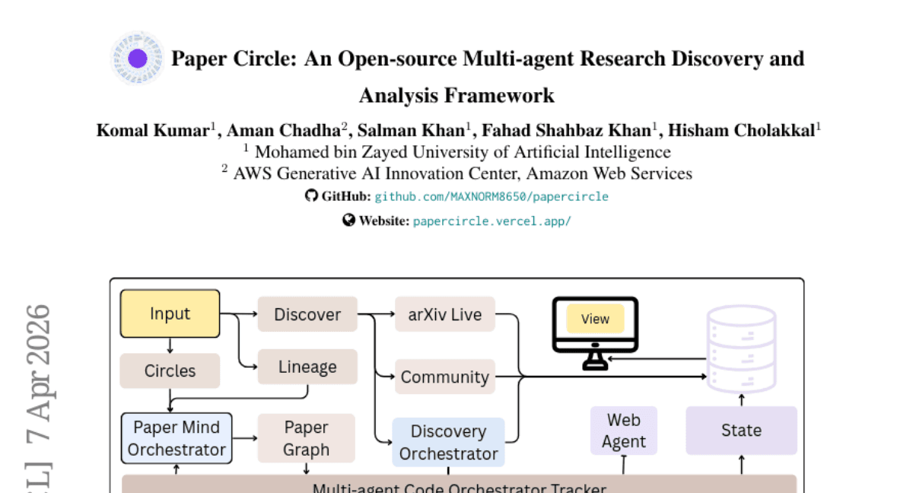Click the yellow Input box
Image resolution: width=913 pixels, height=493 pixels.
(x=170, y=313)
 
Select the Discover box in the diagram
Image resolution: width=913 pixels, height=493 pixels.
(x=307, y=314)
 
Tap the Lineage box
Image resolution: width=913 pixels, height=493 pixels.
(x=307, y=367)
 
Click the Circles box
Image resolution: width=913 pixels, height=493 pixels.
(x=170, y=371)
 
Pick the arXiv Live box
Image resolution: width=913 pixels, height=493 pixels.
(x=445, y=314)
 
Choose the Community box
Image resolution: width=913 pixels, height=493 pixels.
(x=445, y=377)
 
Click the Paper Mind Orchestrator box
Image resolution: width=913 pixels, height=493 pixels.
(x=177, y=438)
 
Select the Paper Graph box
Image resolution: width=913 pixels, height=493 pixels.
(x=306, y=438)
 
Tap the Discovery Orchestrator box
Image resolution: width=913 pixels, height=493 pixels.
(x=448, y=442)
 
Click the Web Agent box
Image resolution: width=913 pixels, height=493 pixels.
(x=624, y=431)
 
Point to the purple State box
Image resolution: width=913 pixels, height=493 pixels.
(x=741, y=431)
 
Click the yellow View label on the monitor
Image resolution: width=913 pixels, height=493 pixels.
(x=595, y=319)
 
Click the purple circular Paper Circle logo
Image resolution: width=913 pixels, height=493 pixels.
(x=138, y=59)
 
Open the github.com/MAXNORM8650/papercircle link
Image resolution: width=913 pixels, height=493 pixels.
(x=491, y=196)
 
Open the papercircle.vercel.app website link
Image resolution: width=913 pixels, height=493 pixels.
(x=491, y=221)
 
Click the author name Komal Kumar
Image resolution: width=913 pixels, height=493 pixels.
(x=152, y=130)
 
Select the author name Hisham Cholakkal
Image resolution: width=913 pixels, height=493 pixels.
(x=741, y=130)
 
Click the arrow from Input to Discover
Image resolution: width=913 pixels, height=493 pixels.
(x=238, y=313)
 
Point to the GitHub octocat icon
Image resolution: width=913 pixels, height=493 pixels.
(x=310, y=196)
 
